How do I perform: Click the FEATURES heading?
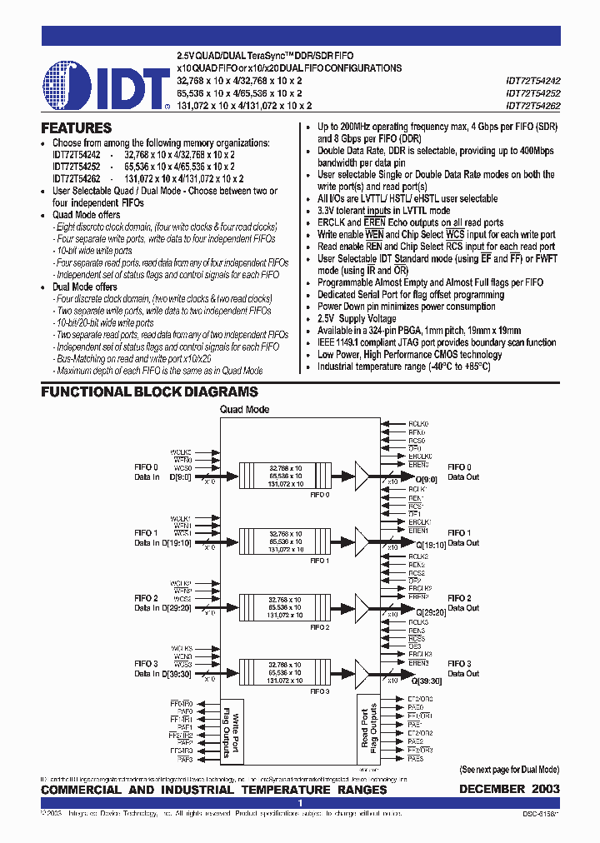76,128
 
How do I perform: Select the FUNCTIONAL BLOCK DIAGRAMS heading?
149,392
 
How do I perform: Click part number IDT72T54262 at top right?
532,106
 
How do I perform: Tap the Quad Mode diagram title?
244,410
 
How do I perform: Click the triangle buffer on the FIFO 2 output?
361,604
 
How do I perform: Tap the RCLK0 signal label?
417,424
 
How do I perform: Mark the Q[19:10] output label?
424,543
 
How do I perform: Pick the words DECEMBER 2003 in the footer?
509,789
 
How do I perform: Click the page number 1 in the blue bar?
300,803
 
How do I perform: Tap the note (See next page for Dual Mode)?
509,770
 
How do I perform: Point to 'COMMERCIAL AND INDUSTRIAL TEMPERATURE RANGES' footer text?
214,789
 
